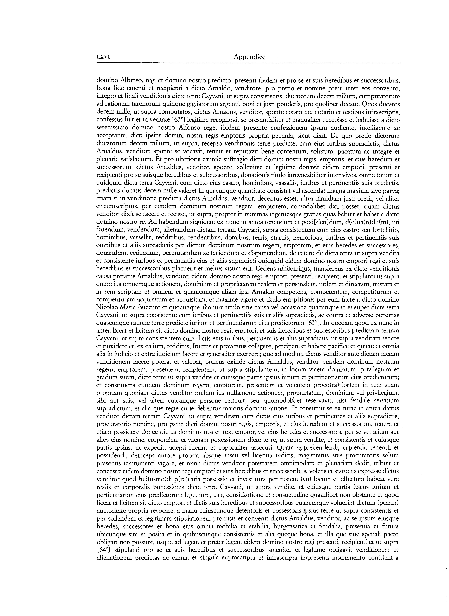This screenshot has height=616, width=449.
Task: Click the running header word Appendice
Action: (x=249, y=57)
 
